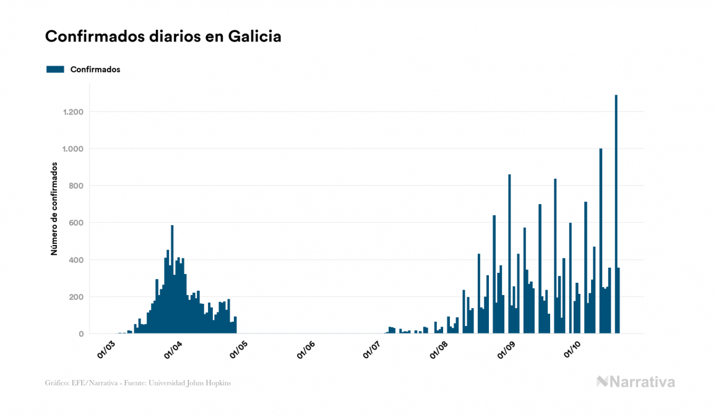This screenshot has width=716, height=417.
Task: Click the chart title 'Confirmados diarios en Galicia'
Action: point(163,37)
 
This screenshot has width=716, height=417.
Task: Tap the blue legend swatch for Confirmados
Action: point(55,69)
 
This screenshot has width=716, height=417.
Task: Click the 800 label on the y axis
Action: point(76,186)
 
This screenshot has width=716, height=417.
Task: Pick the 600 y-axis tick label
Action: point(76,223)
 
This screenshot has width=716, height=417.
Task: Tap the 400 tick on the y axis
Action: point(76,260)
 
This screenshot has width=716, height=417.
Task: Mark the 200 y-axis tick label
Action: point(76,297)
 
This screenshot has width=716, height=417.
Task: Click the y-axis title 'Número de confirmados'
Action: point(54,209)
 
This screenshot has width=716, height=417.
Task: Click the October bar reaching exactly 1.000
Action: point(601,241)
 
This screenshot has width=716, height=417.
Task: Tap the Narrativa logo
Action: point(636,382)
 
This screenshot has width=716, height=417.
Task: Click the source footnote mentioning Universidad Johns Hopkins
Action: point(138,383)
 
